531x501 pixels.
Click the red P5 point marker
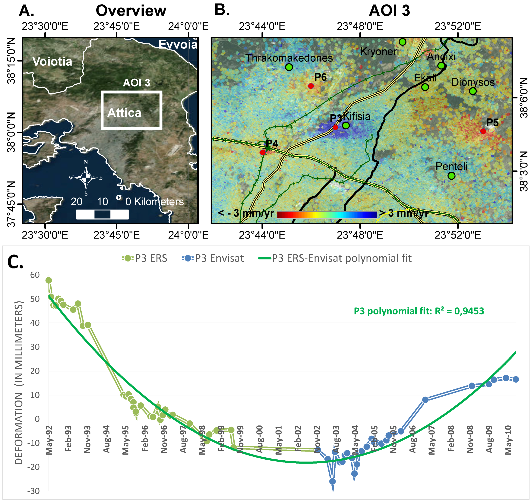click(x=483, y=131)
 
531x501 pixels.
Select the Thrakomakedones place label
click(x=289, y=58)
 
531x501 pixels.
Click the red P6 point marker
click(x=311, y=86)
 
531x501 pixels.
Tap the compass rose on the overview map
click(x=86, y=178)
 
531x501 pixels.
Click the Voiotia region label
click(x=52, y=62)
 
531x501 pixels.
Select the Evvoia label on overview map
click(x=178, y=44)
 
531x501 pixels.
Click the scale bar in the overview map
click(x=102, y=214)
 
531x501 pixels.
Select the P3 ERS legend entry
click(x=145, y=258)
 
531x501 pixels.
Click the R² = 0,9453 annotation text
click(x=419, y=311)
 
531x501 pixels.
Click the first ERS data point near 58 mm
click(x=49, y=280)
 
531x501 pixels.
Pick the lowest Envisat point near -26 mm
click(x=333, y=481)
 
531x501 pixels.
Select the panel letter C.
click(x=15, y=262)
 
